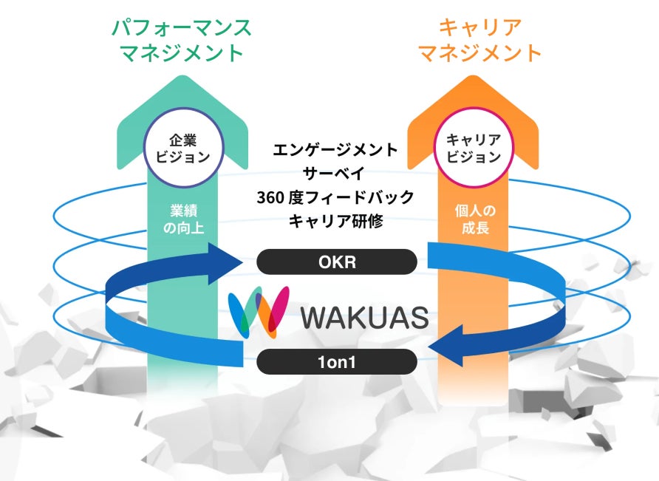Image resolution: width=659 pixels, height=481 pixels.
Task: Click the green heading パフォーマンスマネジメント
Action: pos(181,40)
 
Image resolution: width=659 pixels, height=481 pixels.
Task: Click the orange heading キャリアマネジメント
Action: pos(479,40)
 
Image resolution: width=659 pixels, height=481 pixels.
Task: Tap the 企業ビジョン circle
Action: pos(183,147)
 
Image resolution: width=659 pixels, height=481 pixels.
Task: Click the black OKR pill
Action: pos(336,262)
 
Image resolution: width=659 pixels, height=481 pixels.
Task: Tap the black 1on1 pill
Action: pos(336,361)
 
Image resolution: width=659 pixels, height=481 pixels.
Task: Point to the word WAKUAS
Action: pos(365,317)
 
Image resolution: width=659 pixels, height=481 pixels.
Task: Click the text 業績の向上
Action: pos(182,219)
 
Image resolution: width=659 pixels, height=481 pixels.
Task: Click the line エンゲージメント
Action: pos(335,150)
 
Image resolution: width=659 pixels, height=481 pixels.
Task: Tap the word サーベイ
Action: pos(335,174)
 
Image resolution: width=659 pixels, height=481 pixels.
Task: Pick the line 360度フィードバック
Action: pos(335,197)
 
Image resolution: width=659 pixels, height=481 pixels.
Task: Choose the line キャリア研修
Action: pos(335,221)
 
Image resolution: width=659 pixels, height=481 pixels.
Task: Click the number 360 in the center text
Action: pos(271,197)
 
